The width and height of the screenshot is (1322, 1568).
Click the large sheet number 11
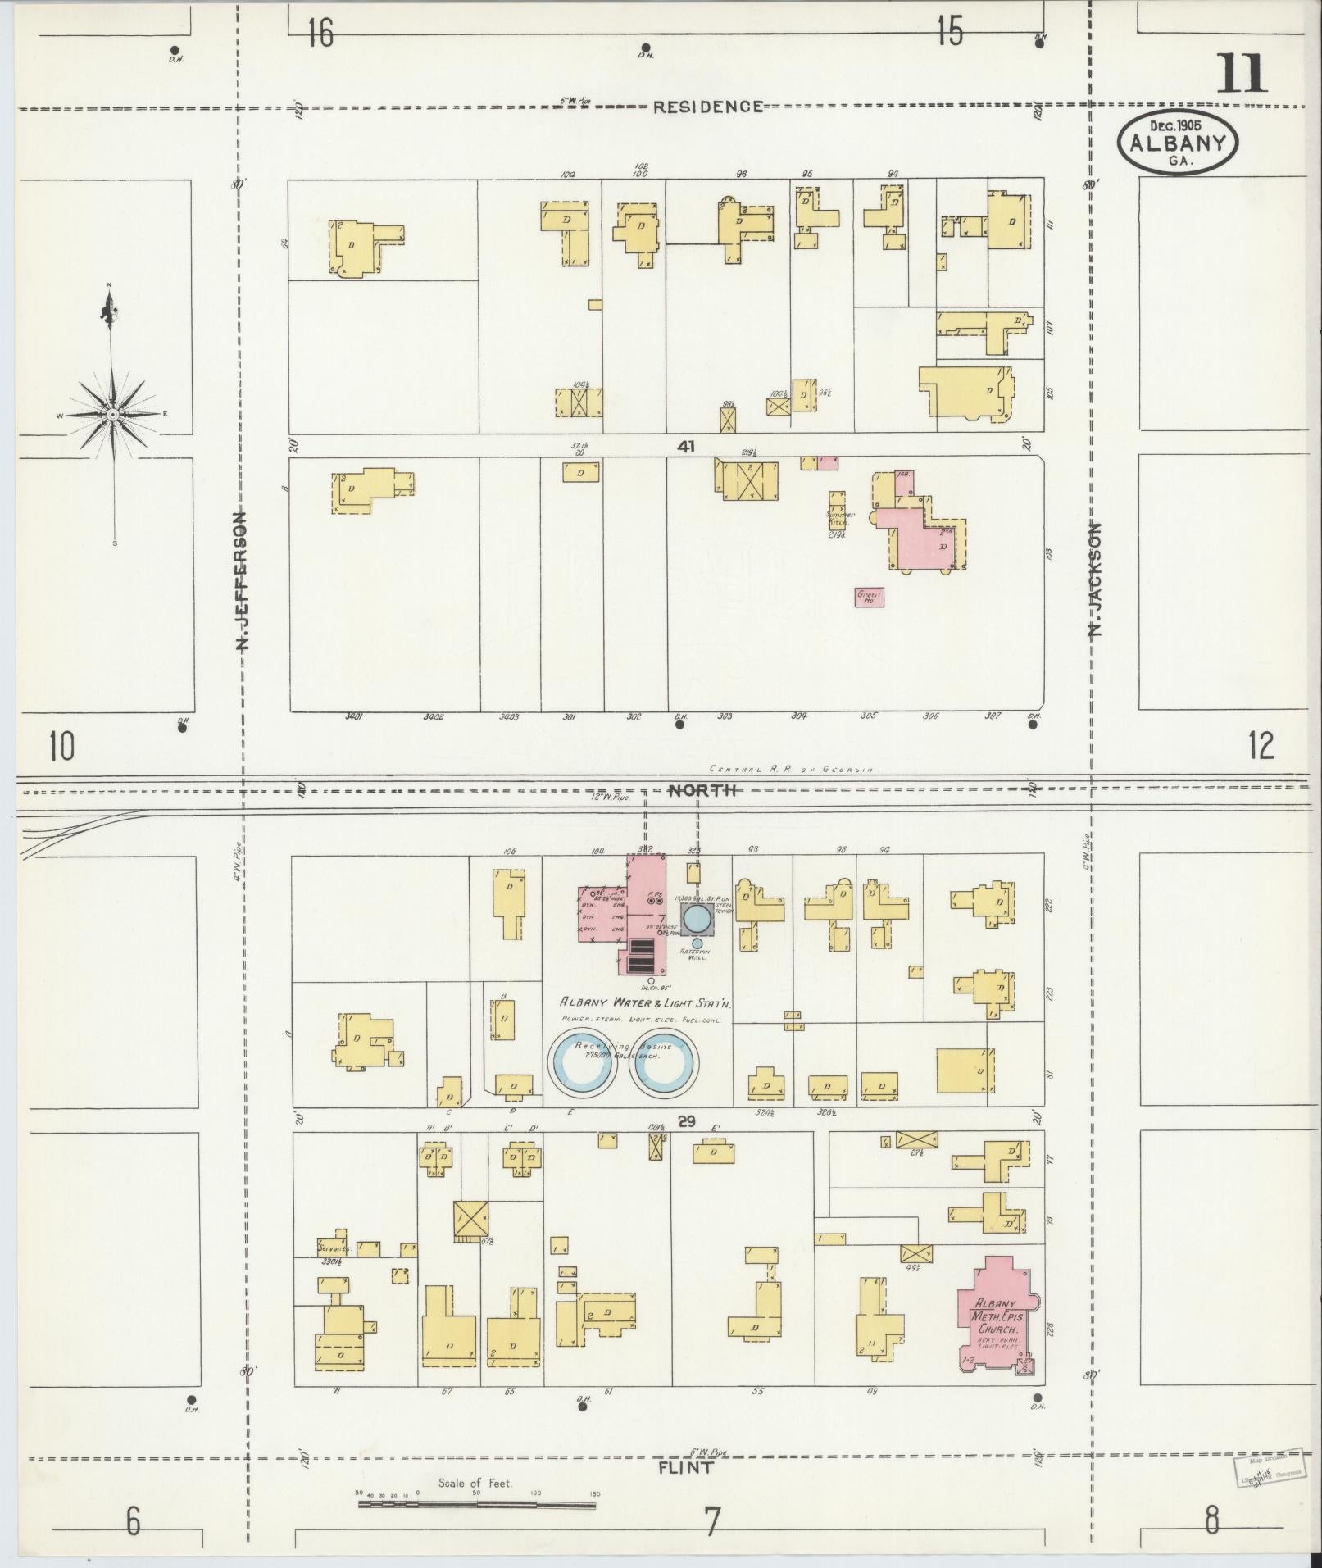tap(1242, 73)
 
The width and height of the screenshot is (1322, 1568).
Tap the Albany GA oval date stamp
tap(1178, 141)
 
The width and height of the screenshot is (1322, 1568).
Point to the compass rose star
tap(112, 416)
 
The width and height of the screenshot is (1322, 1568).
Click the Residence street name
tap(708, 107)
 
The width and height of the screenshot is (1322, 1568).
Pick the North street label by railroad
tap(704, 790)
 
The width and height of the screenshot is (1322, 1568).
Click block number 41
tap(686, 447)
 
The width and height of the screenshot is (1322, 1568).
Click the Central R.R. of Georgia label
tap(793, 770)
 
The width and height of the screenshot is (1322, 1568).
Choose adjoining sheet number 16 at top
tap(321, 34)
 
